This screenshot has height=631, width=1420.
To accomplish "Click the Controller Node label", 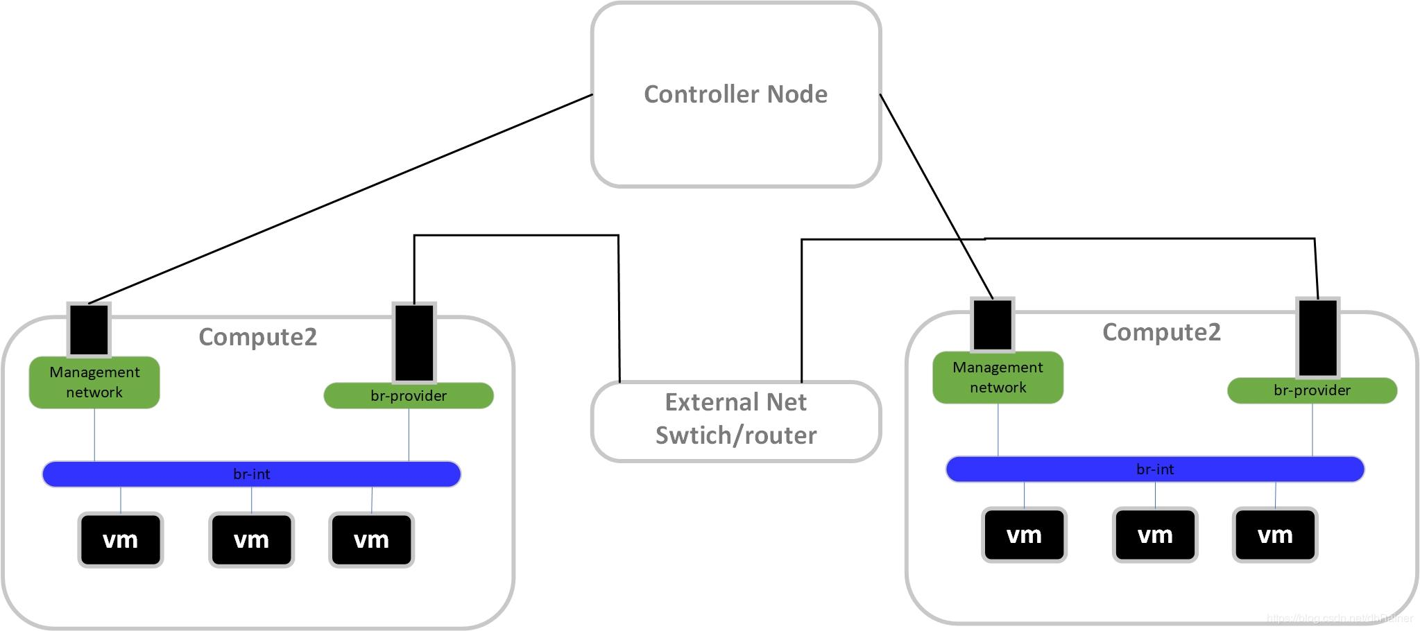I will coord(735,94).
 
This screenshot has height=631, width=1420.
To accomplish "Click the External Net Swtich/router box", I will coord(735,420).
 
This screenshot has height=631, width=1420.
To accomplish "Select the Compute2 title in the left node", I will coord(257,337).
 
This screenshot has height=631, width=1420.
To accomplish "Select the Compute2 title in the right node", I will coord(1161,332).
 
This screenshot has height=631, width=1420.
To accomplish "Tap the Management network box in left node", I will coord(94,382).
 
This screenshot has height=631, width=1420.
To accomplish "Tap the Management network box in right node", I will coord(998,377).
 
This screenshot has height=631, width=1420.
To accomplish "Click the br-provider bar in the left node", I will coord(409,396).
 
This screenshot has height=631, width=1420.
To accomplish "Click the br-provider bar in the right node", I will coord(1312,390).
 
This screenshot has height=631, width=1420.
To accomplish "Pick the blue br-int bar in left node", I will coord(251,474).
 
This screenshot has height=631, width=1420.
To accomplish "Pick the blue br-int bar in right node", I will coord(1155,469).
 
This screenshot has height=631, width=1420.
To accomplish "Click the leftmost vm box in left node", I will coord(121,539).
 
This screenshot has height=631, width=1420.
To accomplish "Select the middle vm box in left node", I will coord(251,539).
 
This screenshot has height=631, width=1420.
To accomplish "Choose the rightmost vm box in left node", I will coord(371,539).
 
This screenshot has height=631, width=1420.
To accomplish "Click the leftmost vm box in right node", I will coord(1024,535).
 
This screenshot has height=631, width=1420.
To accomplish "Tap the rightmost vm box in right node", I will coord(1275,535).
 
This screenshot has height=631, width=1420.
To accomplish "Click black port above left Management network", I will coord(89,329).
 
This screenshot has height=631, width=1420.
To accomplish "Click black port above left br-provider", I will coord(414,343).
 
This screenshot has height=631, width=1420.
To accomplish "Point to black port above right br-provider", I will coord(1317,338).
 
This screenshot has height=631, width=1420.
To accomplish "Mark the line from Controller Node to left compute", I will coord(340,199).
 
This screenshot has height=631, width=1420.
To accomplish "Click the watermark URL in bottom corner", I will coord(1339,619).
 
